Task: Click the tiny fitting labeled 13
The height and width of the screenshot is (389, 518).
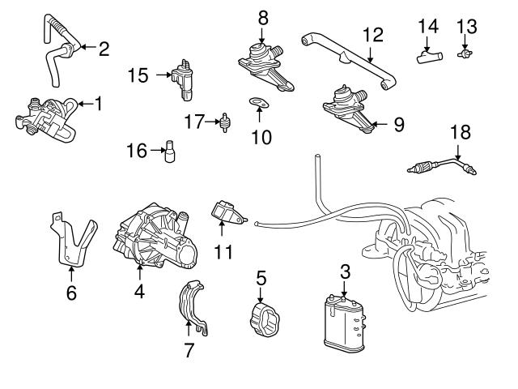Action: [x=465, y=53]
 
